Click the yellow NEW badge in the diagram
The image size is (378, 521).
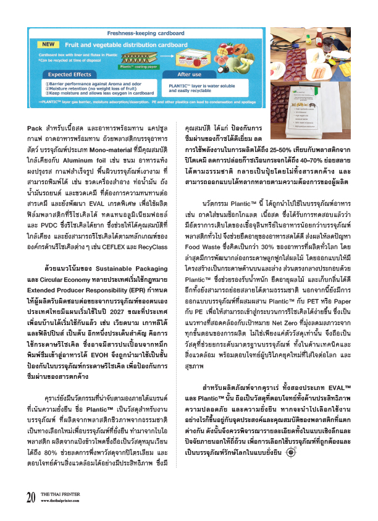[48, 44]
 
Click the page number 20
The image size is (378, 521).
[31, 497]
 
